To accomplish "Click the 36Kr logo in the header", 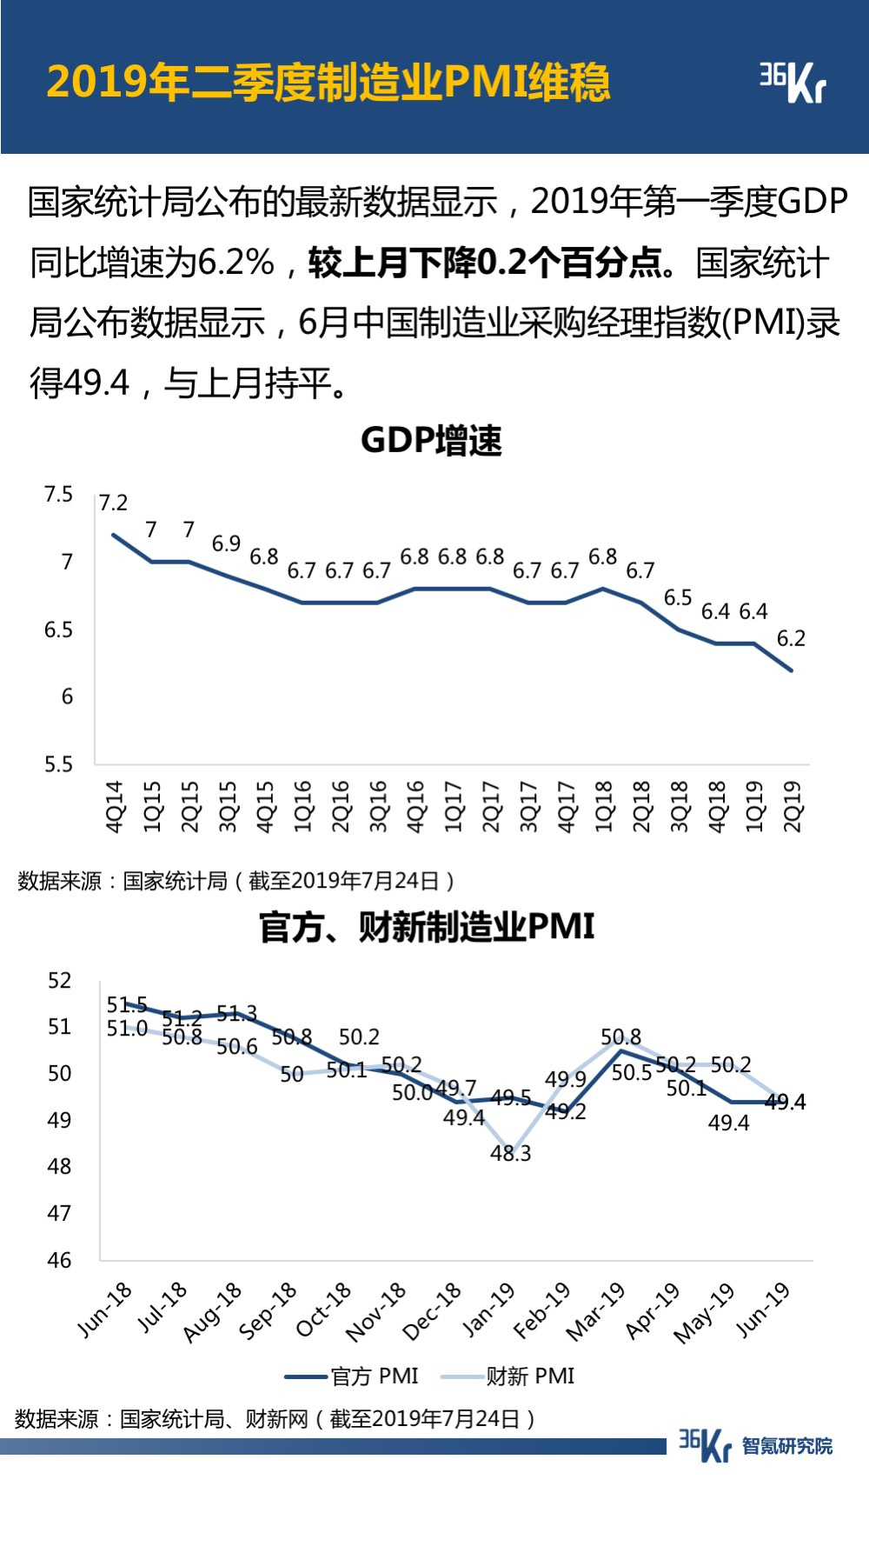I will point(792,82).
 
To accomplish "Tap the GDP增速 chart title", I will point(431,441).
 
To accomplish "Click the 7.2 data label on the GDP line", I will point(113,503).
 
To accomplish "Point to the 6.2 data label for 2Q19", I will point(791,638).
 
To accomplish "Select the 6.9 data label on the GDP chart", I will point(226,543).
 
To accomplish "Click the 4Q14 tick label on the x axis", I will point(115,807).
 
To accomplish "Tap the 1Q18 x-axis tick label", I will point(604,807).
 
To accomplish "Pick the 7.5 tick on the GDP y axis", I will point(58,495).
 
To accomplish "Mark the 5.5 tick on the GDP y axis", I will point(58,764).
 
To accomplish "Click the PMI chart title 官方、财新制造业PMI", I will point(427,927).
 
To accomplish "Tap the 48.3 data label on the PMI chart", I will point(510,1153).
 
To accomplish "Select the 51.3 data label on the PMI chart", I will point(236,1014).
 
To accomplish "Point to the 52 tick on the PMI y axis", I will point(59,981).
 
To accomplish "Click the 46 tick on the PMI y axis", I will point(59,1260).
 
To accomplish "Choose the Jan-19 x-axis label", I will point(488,1309).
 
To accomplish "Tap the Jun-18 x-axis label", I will point(104,1309).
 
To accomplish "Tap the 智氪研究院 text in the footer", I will point(787,1446).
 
